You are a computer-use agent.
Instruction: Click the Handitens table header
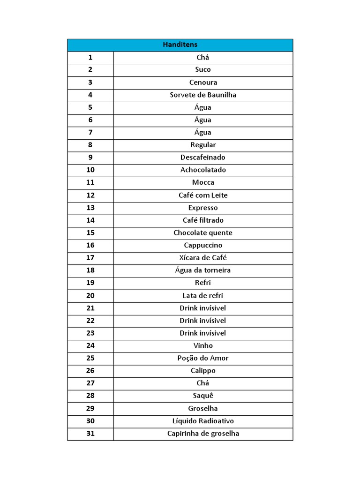(x=180, y=45)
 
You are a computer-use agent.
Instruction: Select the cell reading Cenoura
(x=203, y=82)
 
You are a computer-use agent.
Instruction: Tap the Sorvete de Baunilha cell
(x=203, y=95)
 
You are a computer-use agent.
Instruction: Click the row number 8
(x=90, y=145)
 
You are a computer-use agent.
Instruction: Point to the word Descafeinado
(x=203, y=157)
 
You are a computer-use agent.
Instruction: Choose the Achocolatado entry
(x=203, y=170)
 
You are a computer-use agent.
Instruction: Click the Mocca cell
(x=203, y=182)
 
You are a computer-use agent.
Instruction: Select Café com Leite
(x=203, y=195)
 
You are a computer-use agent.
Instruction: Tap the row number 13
(x=90, y=208)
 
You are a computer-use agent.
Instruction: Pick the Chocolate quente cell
(x=203, y=232)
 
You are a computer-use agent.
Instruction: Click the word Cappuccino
(x=203, y=245)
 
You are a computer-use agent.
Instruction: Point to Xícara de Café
(x=203, y=258)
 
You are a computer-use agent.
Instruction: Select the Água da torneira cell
(x=203, y=270)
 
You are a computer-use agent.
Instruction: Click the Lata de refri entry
(x=203, y=295)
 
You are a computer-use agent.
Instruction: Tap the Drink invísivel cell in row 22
(x=203, y=321)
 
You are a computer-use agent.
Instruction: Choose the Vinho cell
(x=203, y=345)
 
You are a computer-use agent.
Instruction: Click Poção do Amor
(x=203, y=358)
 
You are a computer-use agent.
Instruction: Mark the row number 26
(x=90, y=371)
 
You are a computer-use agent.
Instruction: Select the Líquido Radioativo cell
(x=203, y=421)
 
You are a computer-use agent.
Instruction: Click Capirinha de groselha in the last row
(x=203, y=434)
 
